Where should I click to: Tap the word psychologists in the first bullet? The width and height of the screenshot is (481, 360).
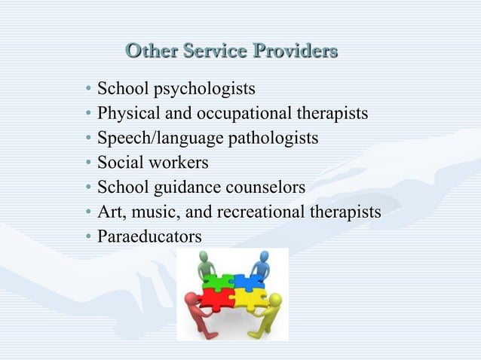(204, 90)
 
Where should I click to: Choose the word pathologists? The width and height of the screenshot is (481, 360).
(268, 139)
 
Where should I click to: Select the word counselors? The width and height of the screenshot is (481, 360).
(268, 188)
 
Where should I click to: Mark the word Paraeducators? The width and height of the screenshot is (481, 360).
(149, 236)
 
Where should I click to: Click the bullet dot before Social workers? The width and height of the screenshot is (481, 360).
(88, 163)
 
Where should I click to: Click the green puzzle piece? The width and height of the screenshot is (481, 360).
(219, 283)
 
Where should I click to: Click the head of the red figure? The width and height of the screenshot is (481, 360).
(191, 297)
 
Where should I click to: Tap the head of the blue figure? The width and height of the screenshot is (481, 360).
(264, 256)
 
